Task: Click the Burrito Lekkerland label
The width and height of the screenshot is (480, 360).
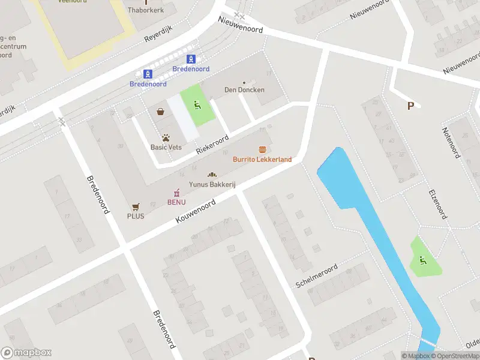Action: (262, 160)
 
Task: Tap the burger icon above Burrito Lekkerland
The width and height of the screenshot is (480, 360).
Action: (262, 149)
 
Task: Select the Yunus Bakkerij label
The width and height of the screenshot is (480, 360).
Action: (212, 185)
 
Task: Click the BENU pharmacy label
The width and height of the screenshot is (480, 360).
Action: (176, 202)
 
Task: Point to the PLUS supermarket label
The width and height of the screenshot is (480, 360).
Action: (136, 216)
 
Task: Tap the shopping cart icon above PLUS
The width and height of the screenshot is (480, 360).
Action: (136, 206)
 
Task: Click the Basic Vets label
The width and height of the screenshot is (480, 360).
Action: (166, 147)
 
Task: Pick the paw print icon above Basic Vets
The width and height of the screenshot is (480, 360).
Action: (166, 137)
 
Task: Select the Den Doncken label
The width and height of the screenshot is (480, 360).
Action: (244, 90)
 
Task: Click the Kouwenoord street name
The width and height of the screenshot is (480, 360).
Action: (196, 213)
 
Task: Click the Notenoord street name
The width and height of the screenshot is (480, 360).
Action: (451, 143)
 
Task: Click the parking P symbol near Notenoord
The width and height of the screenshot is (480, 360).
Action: (410, 106)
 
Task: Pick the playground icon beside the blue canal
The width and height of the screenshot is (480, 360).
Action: (424, 261)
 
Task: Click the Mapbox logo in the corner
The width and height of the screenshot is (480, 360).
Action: (26, 353)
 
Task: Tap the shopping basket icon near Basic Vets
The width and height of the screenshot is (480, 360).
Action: (160, 112)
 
